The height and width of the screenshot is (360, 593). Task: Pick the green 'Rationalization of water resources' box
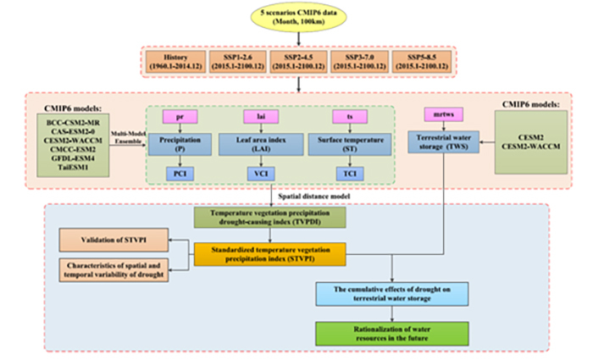[374, 333]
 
